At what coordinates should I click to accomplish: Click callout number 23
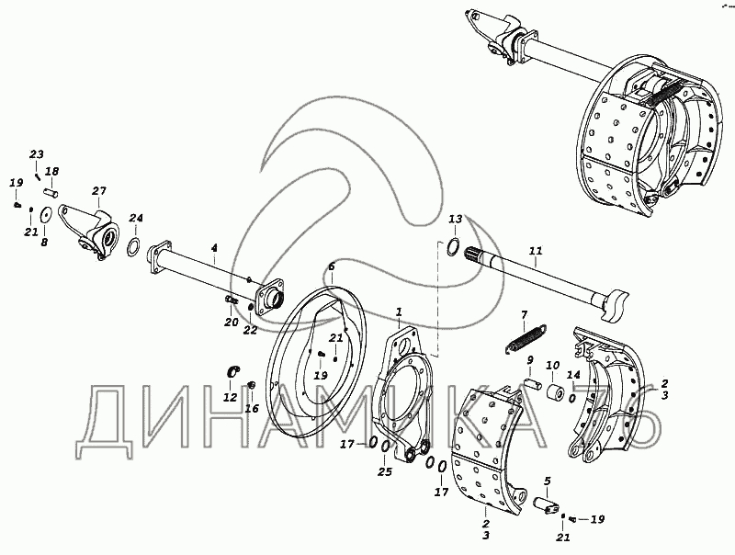pyautogui.click(x=37, y=153)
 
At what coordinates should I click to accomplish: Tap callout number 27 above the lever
pyautogui.click(x=98, y=191)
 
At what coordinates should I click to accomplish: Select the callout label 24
pyautogui.click(x=136, y=218)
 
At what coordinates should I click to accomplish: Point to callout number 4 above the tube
pyautogui.click(x=214, y=248)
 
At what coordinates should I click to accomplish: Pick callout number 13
pyautogui.click(x=455, y=220)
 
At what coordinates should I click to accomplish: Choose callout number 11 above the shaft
pyautogui.click(x=536, y=249)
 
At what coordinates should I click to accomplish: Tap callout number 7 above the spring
pyautogui.click(x=524, y=314)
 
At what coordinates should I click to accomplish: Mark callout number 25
pyautogui.click(x=385, y=472)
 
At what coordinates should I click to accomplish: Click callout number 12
pyautogui.click(x=230, y=397)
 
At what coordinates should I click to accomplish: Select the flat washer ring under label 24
pyautogui.click(x=131, y=245)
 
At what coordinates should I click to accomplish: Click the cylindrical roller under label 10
pyautogui.click(x=554, y=392)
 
